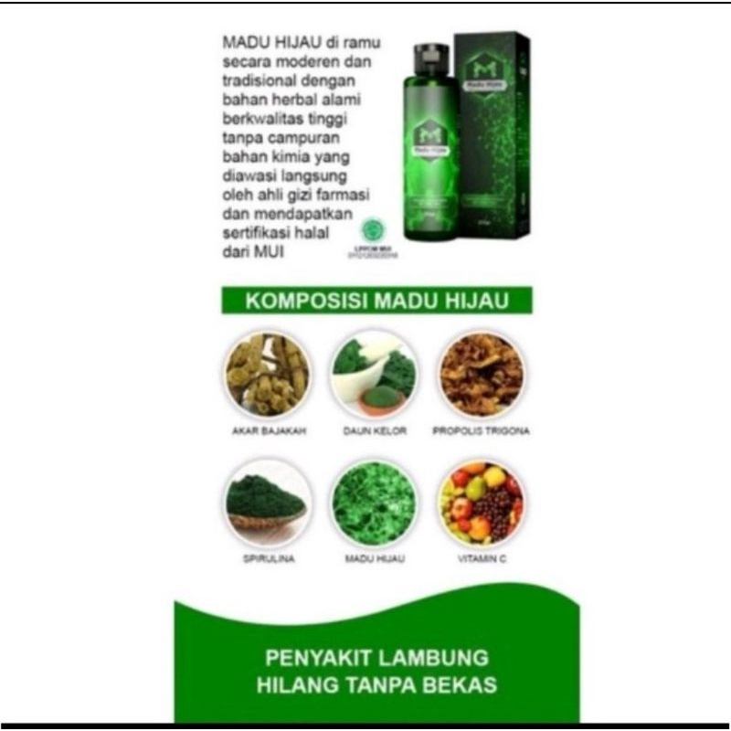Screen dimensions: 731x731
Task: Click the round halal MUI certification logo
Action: (x=375, y=228)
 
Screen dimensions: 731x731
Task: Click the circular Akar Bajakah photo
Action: (x=267, y=373)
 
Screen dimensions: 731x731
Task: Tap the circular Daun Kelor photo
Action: (x=374, y=373)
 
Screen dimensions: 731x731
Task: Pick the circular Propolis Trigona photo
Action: (x=481, y=373)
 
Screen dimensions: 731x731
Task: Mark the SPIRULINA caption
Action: (x=267, y=556)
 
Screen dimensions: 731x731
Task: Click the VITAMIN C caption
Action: (x=481, y=556)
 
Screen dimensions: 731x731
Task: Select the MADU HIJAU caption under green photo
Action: (x=374, y=556)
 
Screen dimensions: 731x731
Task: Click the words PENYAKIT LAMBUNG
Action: (x=376, y=658)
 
